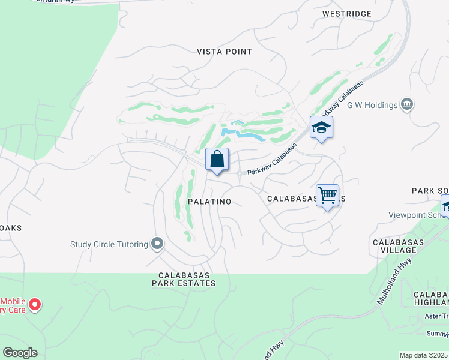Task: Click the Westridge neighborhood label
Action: coord(347,13)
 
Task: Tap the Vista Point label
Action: coord(224,52)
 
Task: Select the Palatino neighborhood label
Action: coord(209,202)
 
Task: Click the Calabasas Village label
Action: coord(399,246)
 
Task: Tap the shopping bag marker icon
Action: coord(217,160)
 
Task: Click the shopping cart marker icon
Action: coord(327,196)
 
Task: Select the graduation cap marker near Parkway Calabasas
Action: coord(321,127)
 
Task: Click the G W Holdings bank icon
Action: coord(408,105)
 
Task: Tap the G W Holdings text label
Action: coord(373,105)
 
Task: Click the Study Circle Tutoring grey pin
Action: coord(157,244)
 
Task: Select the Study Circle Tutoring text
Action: coord(109,244)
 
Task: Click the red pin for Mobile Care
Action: coord(35,304)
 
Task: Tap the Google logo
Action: coord(20,353)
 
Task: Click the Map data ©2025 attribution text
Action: coord(424,355)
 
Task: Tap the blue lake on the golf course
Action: coord(243,133)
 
